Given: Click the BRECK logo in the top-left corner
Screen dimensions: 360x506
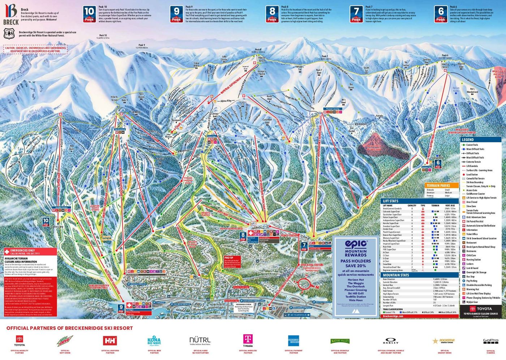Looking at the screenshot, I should [x=11, y=15].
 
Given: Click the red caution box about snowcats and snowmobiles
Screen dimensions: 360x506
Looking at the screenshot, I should [x=35, y=49].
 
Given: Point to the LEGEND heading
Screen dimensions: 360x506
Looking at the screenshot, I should [x=468, y=139].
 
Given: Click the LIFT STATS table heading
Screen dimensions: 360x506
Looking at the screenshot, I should [x=391, y=201].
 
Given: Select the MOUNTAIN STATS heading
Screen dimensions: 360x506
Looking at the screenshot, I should [x=396, y=275].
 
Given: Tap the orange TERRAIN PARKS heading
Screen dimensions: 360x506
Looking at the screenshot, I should [x=438, y=186].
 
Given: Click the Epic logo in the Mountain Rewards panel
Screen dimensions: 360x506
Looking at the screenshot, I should [x=356, y=244].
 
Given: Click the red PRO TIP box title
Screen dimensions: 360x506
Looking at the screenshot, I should [x=228, y=258].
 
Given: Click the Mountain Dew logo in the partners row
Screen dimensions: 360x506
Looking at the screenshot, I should [x=65, y=341].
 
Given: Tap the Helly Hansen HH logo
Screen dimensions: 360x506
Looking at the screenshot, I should [x=110, y=341].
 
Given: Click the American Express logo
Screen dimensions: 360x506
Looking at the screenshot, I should [x=293, y=341].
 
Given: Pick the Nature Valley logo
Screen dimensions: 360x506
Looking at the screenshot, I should [x=340, y=341].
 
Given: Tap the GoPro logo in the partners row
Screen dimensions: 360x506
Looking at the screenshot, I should [x=490, y=341].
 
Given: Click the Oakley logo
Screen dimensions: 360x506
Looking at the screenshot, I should [x=390, y=341].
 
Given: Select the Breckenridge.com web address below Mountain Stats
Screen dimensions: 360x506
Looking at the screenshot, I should [x=393, y=316].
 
